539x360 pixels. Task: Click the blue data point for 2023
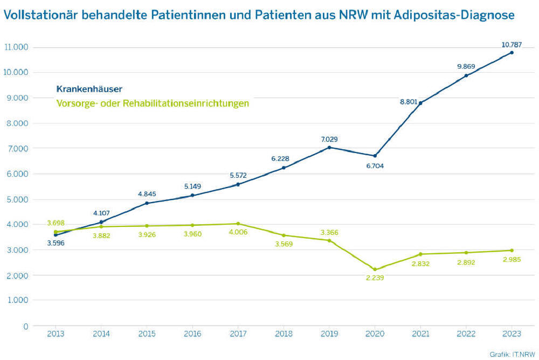click(x=512, y=52)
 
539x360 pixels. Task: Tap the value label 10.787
click(x=511, y=44)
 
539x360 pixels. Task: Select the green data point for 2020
click(x=375, y=269)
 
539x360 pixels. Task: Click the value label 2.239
click(x=375, y=278)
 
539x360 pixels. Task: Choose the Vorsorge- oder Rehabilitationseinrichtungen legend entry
click(x=153, y=103)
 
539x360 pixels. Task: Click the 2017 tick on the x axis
click(x=238, y=334)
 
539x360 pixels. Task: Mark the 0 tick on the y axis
click(x=25, y=326)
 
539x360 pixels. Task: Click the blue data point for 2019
click(x=329, y=147)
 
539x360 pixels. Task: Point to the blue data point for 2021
click(x=420, y=103)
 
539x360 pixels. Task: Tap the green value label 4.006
click(x=238, y=233)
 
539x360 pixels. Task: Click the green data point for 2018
click(x=284, y=235)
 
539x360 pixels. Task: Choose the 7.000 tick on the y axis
click(x=18, y=148)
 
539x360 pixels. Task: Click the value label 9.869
click(x=466, y=66)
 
